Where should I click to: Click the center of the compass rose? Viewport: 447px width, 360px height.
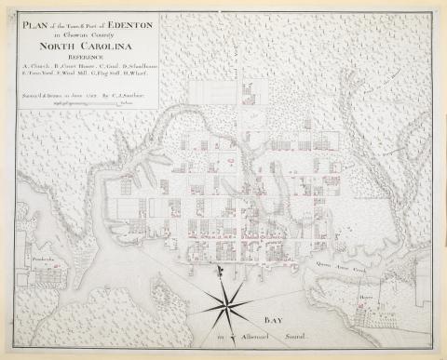(225, 305)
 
